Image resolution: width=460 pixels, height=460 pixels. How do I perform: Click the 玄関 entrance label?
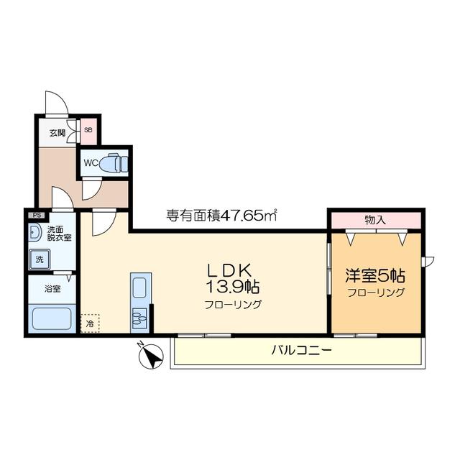57,133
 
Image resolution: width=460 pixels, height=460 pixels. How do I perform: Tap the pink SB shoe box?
88,131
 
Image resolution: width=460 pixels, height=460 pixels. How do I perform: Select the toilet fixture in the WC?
114,162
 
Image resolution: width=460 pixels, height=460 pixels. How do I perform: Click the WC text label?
91,163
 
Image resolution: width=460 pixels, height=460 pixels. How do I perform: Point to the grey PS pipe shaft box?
37,216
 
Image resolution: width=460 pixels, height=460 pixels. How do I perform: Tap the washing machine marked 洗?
40,259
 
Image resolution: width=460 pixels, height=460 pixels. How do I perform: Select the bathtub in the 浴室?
52,319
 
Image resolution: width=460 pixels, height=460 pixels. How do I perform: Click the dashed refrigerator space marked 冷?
90,323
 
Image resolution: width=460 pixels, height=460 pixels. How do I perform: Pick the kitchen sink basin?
139,287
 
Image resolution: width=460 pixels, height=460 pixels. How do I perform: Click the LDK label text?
230,270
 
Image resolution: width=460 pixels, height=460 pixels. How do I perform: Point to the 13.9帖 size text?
233,287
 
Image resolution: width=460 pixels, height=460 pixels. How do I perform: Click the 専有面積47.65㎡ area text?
222,216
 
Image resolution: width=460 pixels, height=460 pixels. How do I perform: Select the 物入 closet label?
375,220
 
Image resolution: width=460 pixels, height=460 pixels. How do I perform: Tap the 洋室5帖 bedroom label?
375,276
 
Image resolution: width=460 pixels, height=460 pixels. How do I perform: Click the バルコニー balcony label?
301,350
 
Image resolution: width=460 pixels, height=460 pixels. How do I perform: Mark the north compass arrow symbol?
151,356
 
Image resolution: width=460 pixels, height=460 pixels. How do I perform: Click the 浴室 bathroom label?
52,289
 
